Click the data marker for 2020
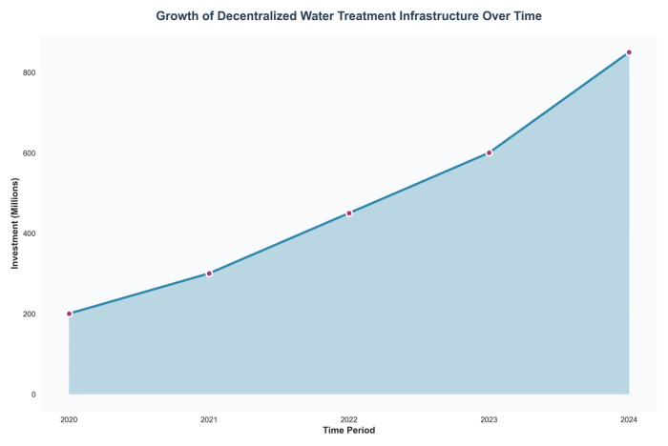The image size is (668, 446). pyautogui.click(x=69, y=314)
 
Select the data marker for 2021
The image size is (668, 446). pyautogui.click(x=209, y=274)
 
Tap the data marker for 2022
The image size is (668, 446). pyautogui.click(x=349, y=213)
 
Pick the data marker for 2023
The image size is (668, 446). pyautogui.click(x=489, y=152)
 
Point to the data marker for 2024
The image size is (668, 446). pyautogui.click(x=629, y=52)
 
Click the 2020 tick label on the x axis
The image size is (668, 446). pyautogui.click(x=69, y=419)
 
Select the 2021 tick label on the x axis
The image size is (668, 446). pyautogui.click(x=209, y=419)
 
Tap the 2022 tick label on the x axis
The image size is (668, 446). pyautogui.click(x=349, y=419)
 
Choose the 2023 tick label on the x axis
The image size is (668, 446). pyautogui.click(x=489, y=419)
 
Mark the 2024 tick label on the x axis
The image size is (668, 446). pyautogui.click(x=629, y=419)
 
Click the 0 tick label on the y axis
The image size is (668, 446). pyautogui.click(x=33, y=395)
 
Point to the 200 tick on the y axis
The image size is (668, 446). pyautogui.click(x=29, y=314)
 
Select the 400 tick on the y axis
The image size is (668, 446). pyautogui.click(x=29, y=233)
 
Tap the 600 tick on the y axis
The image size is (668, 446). pyautogui.click(x=29, y=153)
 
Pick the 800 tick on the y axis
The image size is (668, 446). pyautogui.click(x=29, y=72)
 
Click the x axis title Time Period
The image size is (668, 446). pyautogui.click(x=349, y=432)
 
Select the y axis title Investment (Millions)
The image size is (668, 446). pyautogui.click(x=14, y=223)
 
